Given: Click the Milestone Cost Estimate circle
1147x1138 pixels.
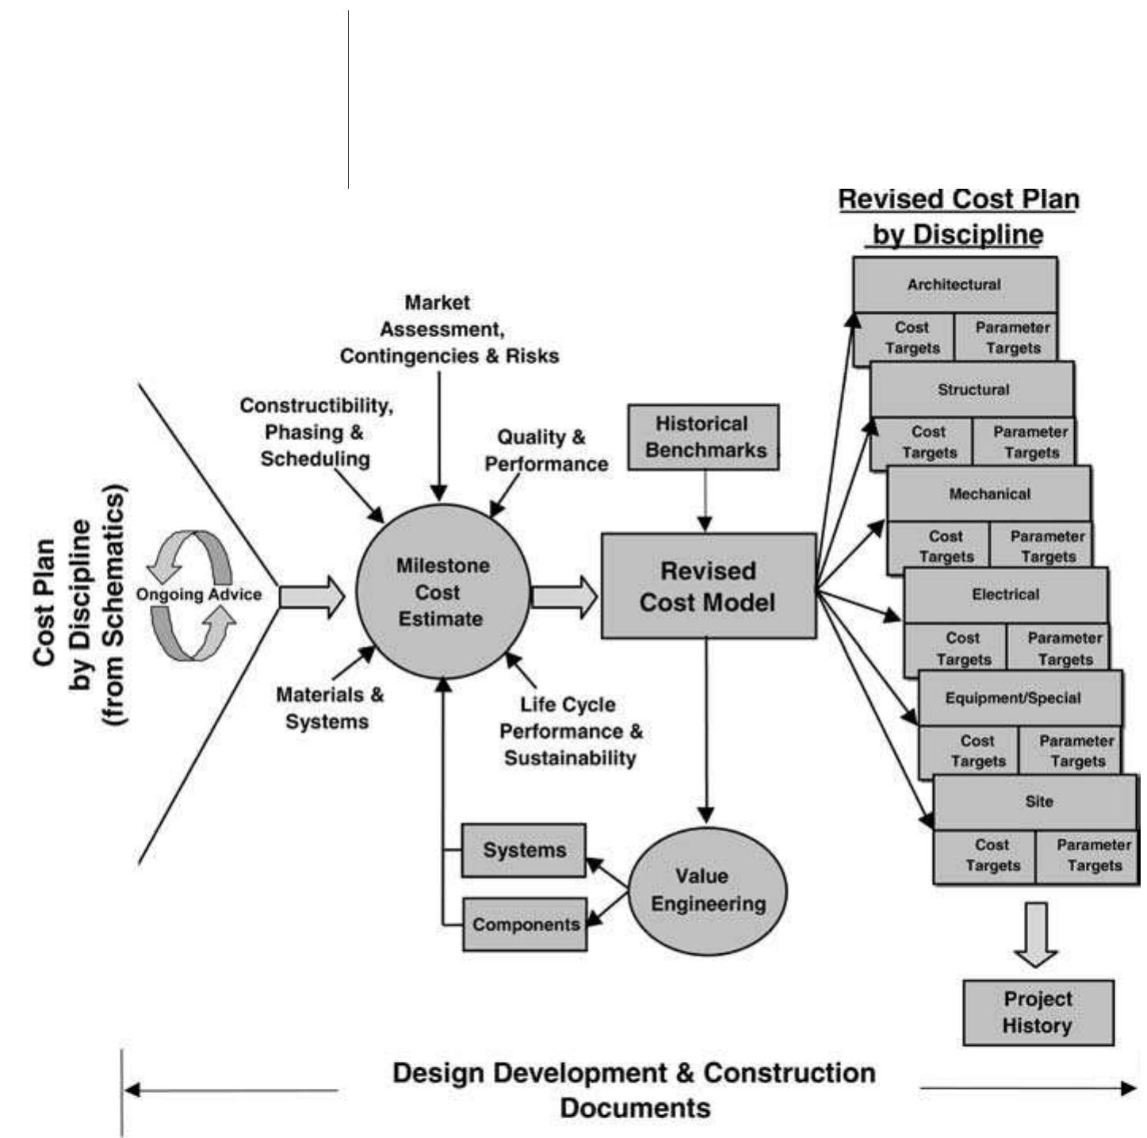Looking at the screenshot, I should click(441, 592).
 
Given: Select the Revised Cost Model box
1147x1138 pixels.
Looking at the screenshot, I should click(708, 586).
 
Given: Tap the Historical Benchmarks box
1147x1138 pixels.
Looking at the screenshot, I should click(703, 437).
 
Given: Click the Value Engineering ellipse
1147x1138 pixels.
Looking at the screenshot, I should click(708, 890).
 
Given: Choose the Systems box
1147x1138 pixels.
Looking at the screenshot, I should click(523, 850).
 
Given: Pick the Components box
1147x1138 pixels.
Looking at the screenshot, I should click(525, 925).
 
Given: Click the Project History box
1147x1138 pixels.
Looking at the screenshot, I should click(1038, 1013).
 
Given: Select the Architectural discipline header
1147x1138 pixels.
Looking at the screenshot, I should click(954, 285).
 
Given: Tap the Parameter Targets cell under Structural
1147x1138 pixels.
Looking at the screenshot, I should click(1030, 443).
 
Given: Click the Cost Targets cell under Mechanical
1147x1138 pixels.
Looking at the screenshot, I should click(945, 546).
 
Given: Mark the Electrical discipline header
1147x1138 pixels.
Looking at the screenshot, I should click(1005, 595).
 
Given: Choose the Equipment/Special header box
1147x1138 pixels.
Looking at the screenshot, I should click(1013, 699).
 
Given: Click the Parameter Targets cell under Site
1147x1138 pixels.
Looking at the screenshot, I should click(1093, 856).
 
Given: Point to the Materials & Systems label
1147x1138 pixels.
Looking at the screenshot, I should click(329, 708).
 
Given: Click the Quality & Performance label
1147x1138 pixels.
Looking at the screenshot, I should click(545, 450).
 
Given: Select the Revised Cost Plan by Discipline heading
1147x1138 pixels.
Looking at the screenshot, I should click(958, 216).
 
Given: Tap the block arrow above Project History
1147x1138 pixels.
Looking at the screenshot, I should click(1035, 933).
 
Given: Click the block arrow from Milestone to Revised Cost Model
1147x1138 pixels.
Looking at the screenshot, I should click(564, 596).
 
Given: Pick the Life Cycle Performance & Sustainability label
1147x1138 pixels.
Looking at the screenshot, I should click(571, 731).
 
